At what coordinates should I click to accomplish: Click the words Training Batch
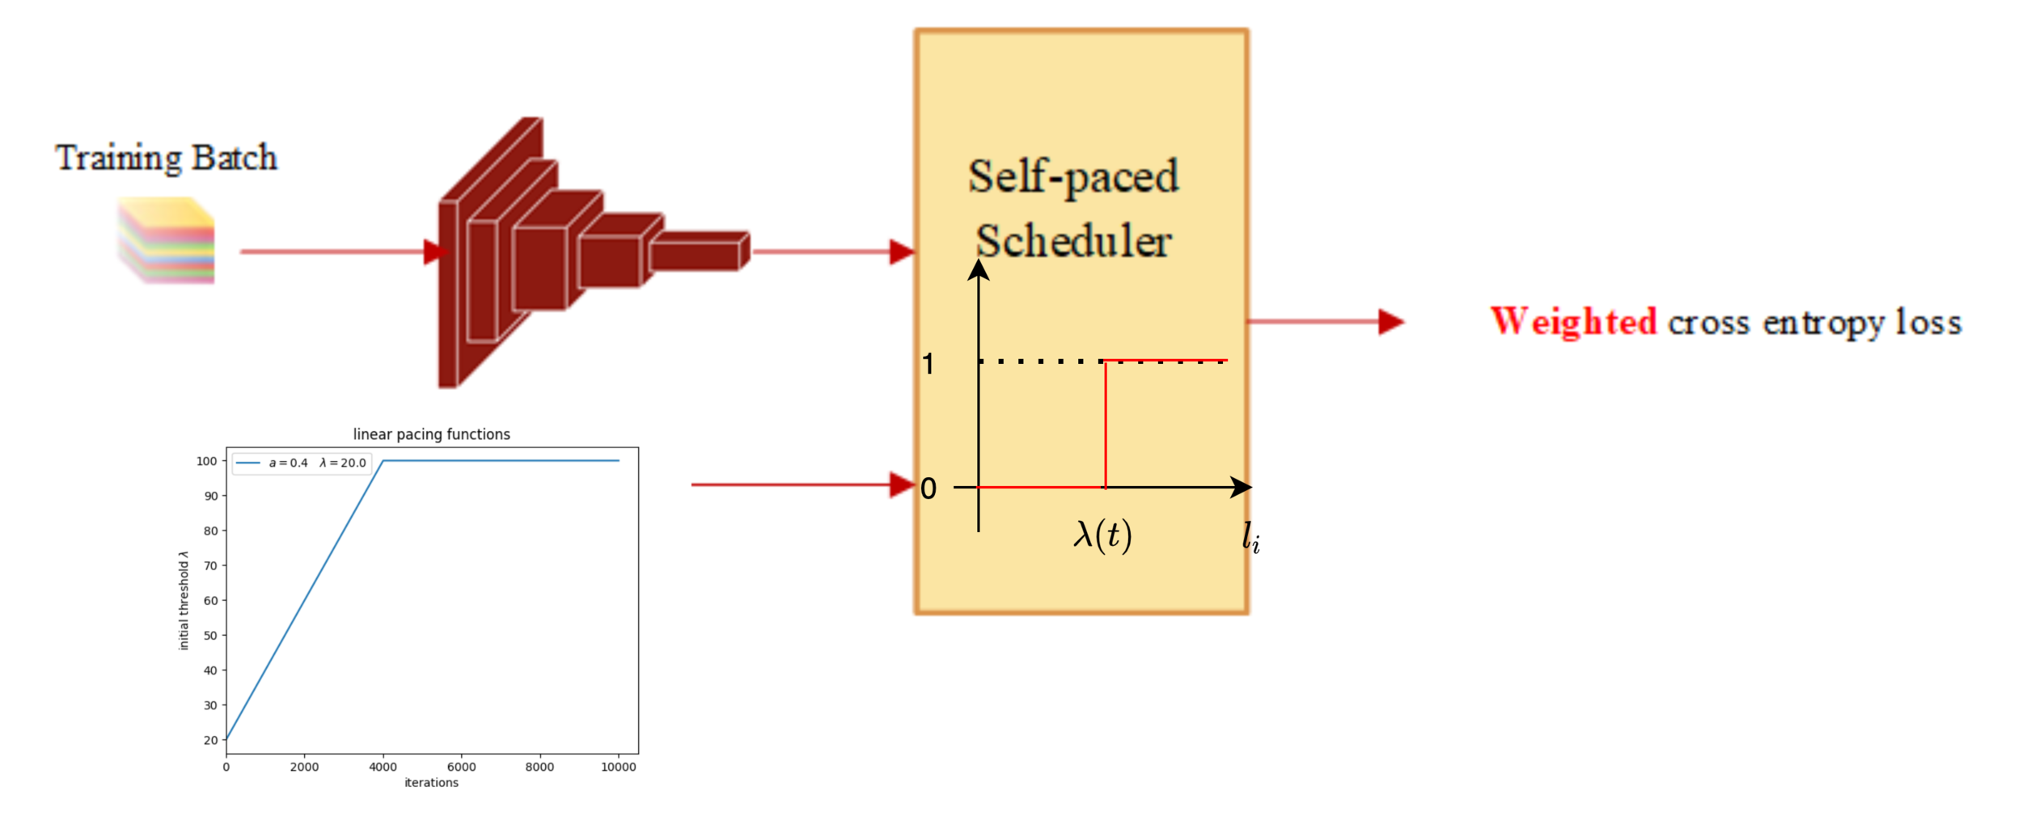[166, 158]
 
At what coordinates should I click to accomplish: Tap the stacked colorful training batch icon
[167, 241]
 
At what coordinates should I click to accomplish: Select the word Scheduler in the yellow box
[1073, 241]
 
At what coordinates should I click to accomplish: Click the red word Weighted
[1573, 322]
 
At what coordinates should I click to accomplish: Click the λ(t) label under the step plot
[1102, 535]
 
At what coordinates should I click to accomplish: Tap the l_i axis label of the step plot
[1250, 538]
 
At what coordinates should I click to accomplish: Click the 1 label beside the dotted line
[928, 364]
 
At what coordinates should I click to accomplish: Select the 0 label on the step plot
[928, 489]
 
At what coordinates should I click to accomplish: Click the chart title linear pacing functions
[431, 434]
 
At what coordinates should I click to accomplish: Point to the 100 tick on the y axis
[206, 461]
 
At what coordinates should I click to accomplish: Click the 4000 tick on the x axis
[383, 767]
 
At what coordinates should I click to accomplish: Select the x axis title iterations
[431, 783]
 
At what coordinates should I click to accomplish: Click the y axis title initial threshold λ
[184, 600]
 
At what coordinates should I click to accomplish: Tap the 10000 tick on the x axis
[618, 767]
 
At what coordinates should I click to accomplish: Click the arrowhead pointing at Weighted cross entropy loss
[1391, 322]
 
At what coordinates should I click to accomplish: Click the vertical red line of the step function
[1105, 425]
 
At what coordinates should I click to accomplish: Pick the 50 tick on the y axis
[210, 636]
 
